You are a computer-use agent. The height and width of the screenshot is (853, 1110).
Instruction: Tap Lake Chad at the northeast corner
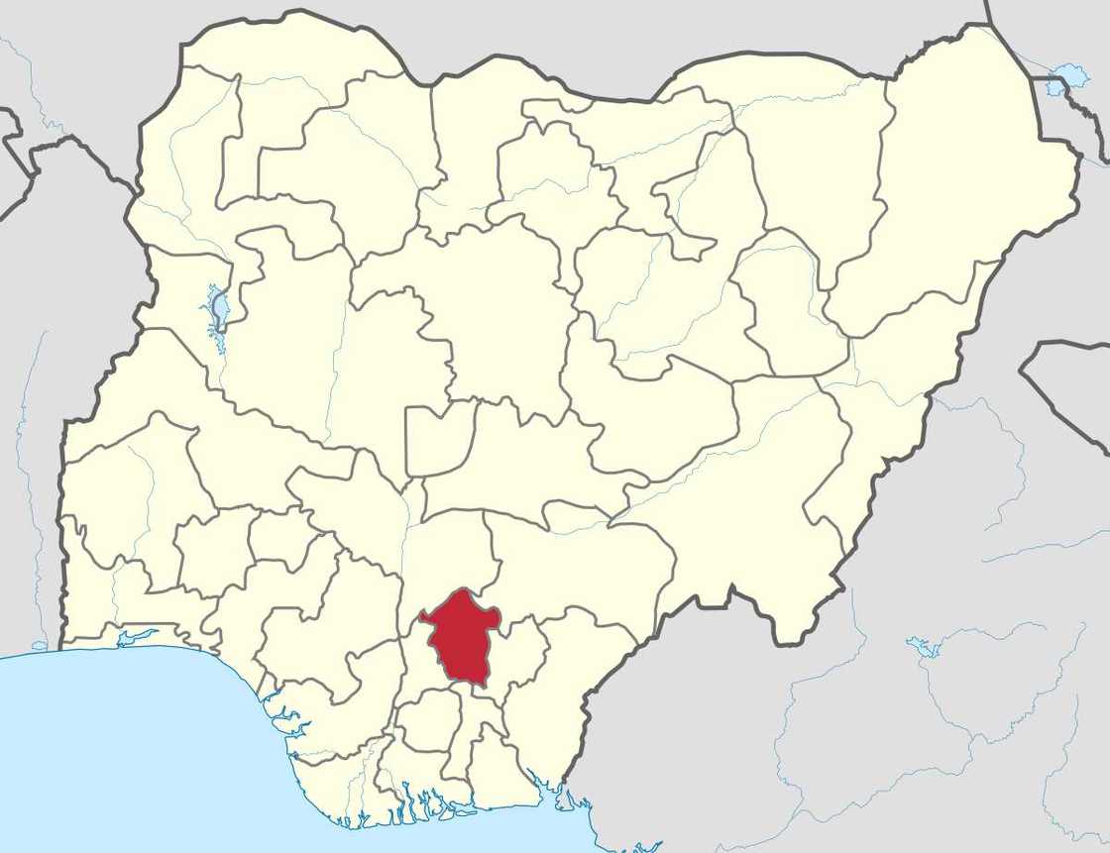coord(1069,75)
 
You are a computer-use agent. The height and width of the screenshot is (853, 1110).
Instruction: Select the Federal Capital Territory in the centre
coord(439,439)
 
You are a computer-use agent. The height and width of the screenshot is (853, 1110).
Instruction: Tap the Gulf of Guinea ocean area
coord(149,753)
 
